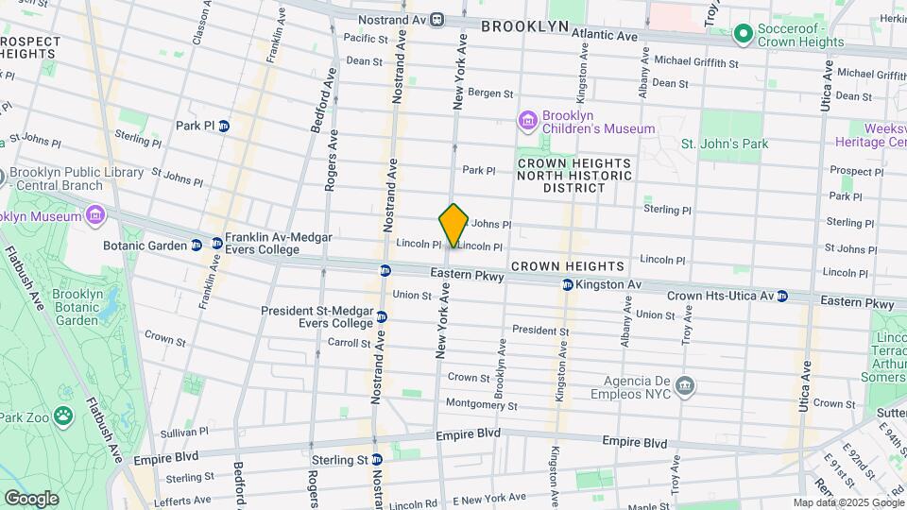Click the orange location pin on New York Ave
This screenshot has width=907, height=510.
[453, 225]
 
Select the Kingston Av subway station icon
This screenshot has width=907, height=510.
[567, 284]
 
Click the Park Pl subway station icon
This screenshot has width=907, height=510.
[224, 126]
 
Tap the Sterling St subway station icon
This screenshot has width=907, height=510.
[377, 460]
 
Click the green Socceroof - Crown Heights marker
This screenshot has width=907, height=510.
[743, 35]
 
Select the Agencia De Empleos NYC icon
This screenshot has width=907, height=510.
[686, 385]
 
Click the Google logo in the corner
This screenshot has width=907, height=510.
[31, 499]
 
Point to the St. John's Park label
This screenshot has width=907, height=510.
[725, 144]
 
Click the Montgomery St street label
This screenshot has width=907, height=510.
[482, 405]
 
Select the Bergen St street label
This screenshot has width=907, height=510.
[490, 93]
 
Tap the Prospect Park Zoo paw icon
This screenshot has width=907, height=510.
[63, 416]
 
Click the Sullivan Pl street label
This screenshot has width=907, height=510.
[184, 432]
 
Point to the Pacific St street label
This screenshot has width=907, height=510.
[366, 39]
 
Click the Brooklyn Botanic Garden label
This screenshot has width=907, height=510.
[77, 307]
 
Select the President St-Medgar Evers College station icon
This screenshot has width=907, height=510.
[382, 316]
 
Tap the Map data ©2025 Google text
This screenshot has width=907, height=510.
[848, 502]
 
